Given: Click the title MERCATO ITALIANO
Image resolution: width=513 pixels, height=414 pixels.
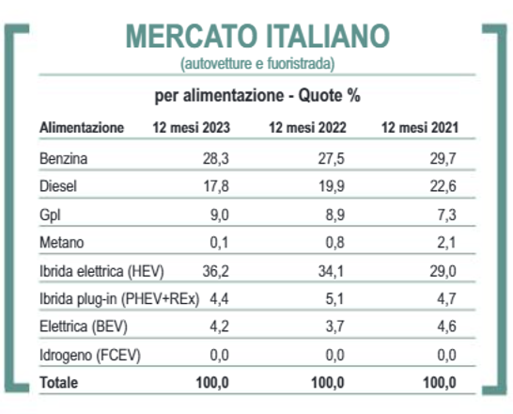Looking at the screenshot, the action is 257,36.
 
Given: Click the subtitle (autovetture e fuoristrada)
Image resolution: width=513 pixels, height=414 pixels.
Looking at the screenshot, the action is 257,64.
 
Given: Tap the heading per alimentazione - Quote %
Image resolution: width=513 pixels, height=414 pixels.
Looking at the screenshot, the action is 257,96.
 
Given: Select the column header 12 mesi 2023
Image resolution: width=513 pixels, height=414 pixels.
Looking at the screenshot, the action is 192,127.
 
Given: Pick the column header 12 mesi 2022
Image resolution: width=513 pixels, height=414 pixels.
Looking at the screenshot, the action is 307,127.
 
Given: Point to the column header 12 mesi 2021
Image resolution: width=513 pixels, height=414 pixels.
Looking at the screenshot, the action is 420,127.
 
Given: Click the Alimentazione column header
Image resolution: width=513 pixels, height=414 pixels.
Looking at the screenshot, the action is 82,127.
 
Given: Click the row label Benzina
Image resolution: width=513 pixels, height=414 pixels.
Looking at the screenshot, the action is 64,158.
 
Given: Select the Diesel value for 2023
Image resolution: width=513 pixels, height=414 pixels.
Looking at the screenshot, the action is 216,186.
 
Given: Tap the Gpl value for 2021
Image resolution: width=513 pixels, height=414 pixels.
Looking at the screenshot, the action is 446,215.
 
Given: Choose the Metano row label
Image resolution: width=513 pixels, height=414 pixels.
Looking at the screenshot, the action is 62,243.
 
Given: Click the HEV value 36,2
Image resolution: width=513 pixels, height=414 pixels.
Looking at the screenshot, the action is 216,271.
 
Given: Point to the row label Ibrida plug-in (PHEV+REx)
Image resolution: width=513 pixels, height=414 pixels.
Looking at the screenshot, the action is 119,298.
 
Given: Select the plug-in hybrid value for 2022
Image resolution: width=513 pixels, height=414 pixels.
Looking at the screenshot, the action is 334,298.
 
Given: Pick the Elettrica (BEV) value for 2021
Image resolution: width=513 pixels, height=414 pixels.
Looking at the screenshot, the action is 446,326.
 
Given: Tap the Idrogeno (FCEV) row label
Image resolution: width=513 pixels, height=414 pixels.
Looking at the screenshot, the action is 90,356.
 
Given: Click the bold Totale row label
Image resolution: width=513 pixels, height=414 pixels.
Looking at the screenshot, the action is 59,383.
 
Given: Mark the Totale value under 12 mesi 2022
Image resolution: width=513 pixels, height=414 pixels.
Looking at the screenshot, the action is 328,383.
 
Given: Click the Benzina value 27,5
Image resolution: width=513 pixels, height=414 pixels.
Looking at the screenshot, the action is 332,158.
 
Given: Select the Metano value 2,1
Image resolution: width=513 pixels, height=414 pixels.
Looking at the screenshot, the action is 446,243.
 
